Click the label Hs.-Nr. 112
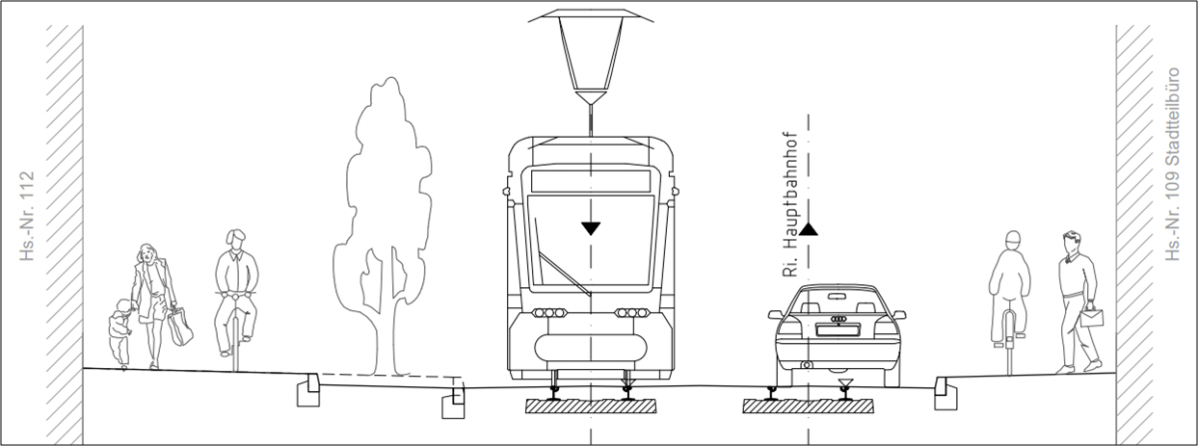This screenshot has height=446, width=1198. click(x=27, y=216)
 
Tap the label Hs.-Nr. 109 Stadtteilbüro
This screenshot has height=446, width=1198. click(x=1172, y=164)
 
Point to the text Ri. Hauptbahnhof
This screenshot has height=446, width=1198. click(x=790, y=204)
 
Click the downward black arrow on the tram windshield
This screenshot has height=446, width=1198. click(x=591, y=228)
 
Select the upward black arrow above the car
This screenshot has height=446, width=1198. click(x=809, y=229)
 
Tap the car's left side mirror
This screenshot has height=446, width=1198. click(x=776, y=314)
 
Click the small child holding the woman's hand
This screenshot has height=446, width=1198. click(x=120, y=331)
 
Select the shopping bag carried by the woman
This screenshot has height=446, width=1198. click(x=180, y=327)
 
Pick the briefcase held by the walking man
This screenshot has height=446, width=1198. click(x=1092, y=317)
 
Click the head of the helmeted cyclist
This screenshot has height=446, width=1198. click(x=1013, y=241)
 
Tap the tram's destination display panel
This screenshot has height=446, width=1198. click(x=591, y=181)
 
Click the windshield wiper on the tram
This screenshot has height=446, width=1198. click(x=565, y=274)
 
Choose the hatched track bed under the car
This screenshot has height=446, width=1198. click(x=808, y=407)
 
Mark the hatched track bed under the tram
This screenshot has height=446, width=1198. click(x=591, y=407)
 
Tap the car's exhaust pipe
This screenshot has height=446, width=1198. click(x=807, y=365)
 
